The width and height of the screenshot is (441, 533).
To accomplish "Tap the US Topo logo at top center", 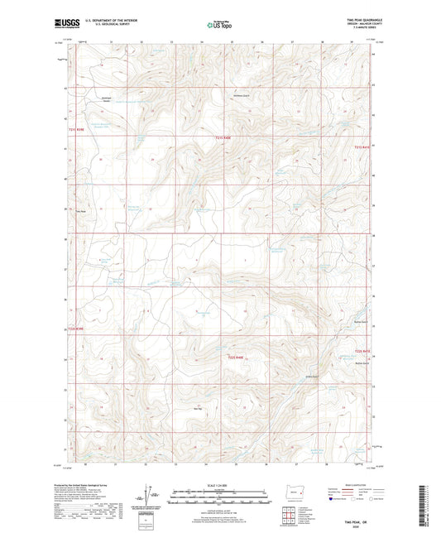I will (x=219, y=25).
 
